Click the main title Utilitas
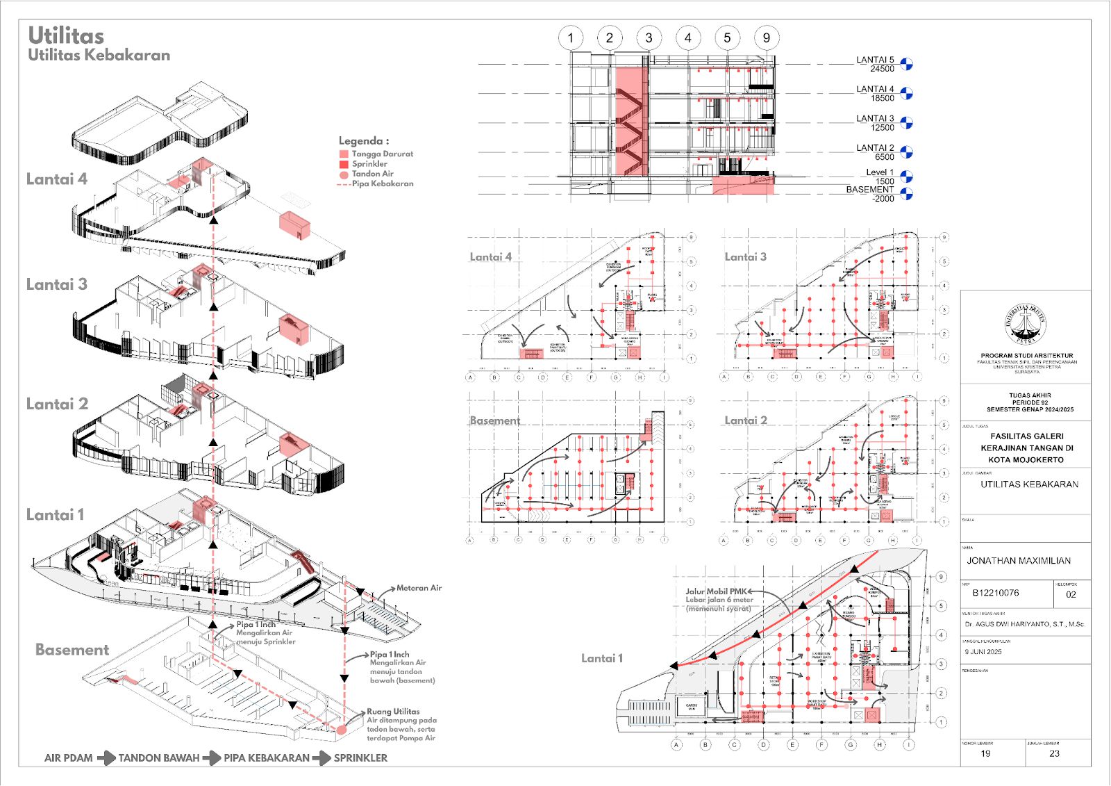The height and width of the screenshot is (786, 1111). (x=66, y=36)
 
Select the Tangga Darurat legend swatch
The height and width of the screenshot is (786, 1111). (x=344, y=154)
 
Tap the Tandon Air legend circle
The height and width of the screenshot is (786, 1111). (x=344, y=174)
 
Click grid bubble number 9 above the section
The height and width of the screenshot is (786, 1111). (x=766, y=38)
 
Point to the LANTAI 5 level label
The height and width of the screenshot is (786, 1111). (x=875, y=60)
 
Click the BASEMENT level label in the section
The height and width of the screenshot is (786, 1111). (x=869, y=190)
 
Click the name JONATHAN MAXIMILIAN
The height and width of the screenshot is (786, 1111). (x=1019, y=561)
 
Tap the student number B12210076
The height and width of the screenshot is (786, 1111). (x=996, y=593)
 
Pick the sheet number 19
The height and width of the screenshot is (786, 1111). (x=985, y=753)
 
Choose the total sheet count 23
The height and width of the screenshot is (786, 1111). (x=1054, y=753)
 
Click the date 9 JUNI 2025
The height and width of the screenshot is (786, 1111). (x=983, y=652)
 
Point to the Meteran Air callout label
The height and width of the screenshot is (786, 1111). (x=419, y=588)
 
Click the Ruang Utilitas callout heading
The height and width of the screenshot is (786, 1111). (x=393, y=712)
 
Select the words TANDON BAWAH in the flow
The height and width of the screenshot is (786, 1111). (x=158, y=758)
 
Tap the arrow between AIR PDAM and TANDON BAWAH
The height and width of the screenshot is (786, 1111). (x=106, y=758)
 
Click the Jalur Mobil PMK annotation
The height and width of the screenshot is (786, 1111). (x=716, y=591)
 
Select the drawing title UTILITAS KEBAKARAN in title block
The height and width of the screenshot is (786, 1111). (x=1029, y=484)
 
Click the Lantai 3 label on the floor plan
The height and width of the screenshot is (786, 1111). (x=745, y=257)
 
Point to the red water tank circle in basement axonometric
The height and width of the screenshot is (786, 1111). (x=342, y=730)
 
